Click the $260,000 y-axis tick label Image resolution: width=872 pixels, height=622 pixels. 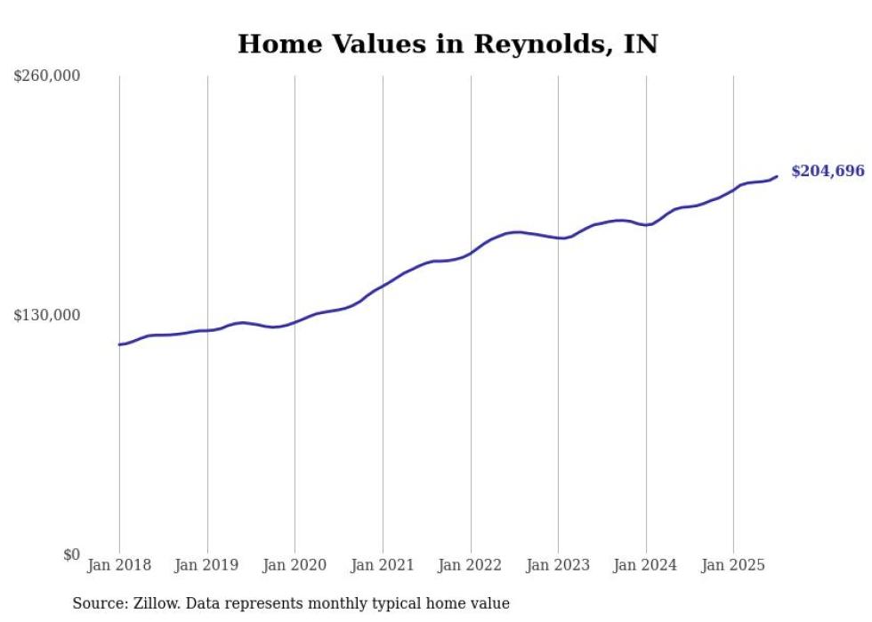47,77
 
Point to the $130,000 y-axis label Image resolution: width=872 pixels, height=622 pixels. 47,315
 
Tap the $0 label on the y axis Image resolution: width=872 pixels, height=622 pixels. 71,554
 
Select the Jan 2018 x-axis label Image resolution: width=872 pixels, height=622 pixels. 119,565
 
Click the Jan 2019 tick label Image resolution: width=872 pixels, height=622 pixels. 207,565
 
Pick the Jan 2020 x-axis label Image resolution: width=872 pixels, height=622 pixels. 295,565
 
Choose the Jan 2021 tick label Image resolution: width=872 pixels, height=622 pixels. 383,565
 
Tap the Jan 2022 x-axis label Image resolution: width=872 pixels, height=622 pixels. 471,565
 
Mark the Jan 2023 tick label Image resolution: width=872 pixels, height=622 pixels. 558,565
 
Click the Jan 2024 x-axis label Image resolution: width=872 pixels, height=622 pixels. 646,565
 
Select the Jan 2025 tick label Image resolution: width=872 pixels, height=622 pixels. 733,565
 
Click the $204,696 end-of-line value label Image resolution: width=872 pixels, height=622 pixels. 828,171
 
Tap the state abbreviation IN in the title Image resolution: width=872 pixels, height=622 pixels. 641,44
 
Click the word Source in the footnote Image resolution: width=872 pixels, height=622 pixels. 97,603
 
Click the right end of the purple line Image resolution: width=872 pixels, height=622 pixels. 778,176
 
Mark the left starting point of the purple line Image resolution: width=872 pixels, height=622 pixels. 119,344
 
